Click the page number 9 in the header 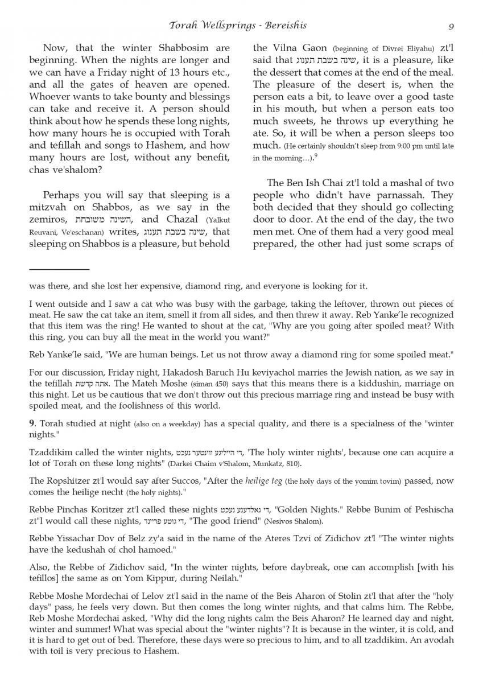(451, 26)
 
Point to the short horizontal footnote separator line (59, 269)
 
